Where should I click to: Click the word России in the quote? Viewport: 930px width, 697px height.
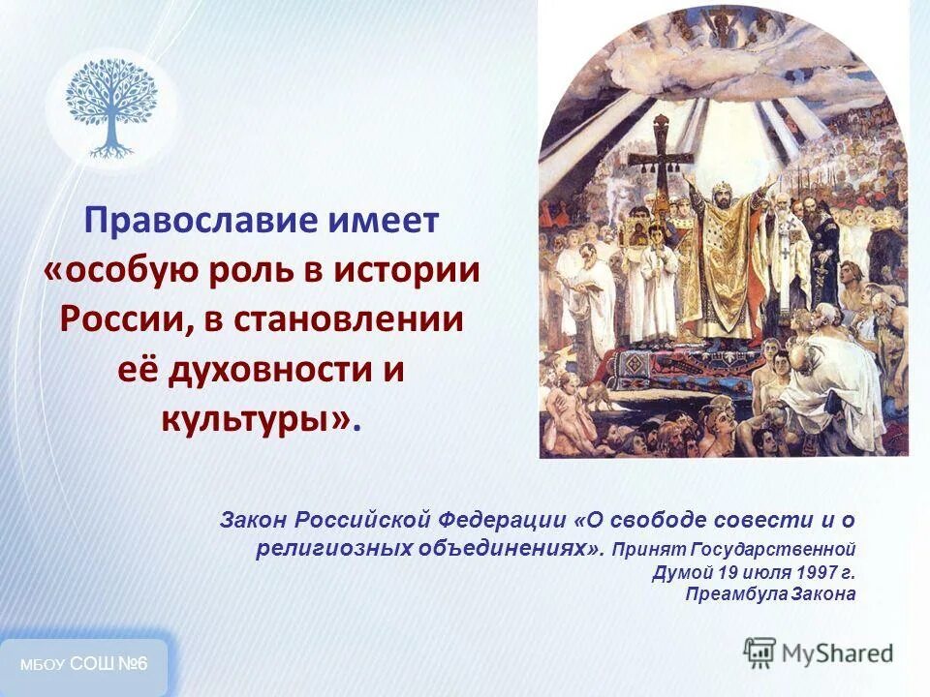120,319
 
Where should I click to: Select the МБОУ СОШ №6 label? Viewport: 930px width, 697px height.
84,664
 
